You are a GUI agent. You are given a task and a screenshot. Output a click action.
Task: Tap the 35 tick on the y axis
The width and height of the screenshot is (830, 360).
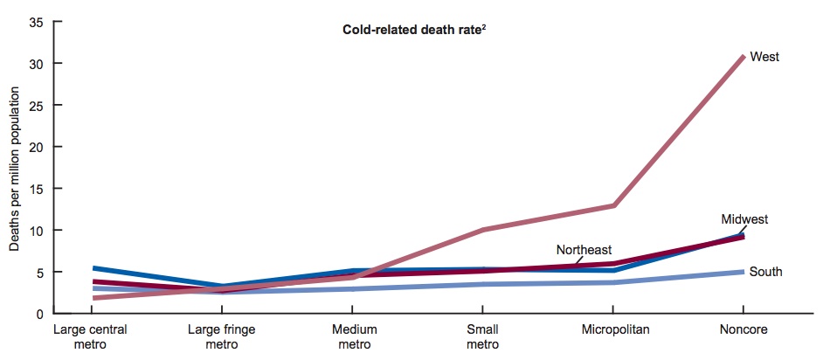[35, 22]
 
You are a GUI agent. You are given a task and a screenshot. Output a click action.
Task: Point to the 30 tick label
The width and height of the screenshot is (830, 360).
[35, 64]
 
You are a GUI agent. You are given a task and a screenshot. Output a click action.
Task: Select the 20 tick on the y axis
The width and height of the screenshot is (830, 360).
[35, 147]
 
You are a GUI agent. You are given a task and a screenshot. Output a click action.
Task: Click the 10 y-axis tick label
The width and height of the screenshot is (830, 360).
[35, 231]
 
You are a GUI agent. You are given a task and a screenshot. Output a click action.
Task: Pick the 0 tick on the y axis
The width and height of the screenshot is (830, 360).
[38, 314]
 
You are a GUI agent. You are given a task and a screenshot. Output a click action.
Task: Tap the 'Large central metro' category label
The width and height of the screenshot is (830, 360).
[91, 337]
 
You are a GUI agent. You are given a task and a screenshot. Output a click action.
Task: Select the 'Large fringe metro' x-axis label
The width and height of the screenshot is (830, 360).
[221, 337]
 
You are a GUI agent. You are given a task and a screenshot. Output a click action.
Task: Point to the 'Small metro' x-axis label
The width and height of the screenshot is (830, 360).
[482, 337]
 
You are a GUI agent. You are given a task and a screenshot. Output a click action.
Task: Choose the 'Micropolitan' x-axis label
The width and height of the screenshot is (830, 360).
[612, 330]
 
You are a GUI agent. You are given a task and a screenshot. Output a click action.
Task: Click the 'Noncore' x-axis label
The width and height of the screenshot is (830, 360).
[743, 330]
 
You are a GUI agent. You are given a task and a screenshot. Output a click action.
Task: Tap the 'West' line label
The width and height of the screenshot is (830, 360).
[764, 57]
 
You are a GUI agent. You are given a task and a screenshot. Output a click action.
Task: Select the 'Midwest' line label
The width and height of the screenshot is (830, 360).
[744, 218]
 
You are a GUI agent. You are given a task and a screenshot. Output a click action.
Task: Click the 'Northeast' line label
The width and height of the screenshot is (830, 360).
[584, 250]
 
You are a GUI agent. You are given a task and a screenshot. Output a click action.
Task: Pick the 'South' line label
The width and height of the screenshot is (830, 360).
[765, 272]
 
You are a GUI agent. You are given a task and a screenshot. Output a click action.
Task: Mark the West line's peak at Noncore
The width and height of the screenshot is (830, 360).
[743, 57]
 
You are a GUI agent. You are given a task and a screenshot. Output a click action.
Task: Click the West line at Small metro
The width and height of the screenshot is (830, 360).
[482, 230]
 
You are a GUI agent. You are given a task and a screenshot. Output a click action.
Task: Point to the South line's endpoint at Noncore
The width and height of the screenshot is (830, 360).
[743, 272]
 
